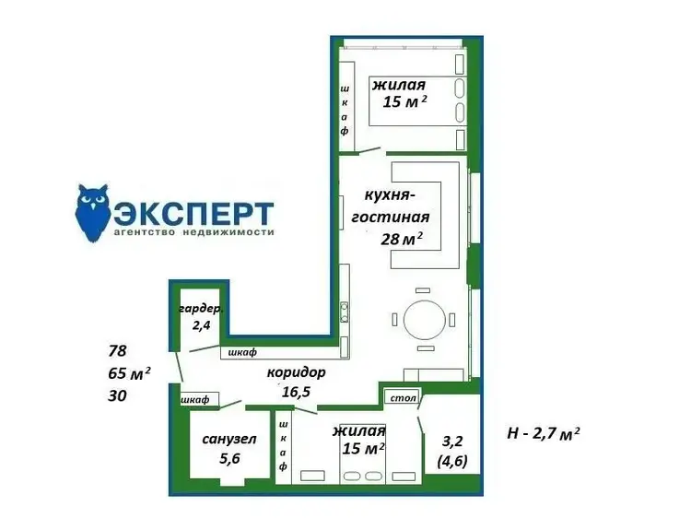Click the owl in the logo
(93, 213)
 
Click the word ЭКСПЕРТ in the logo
(193, 214)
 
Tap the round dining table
(425, 320)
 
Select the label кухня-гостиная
(391, 206)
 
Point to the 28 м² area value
(402, 239)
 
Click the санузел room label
(229, 439)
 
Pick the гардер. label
(201, 309)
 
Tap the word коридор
(296, 372)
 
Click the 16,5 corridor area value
(296, 392)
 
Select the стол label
(404, 397)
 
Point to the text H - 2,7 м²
(544, 433)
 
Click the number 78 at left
(117, 351)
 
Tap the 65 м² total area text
(129, 373)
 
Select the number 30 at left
(117, 395)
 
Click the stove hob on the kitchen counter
(345, 312)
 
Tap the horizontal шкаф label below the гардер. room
(242, 352)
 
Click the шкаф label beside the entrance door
(194, 400)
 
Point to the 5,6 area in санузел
(229, 458)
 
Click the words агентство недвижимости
(193, 232)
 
